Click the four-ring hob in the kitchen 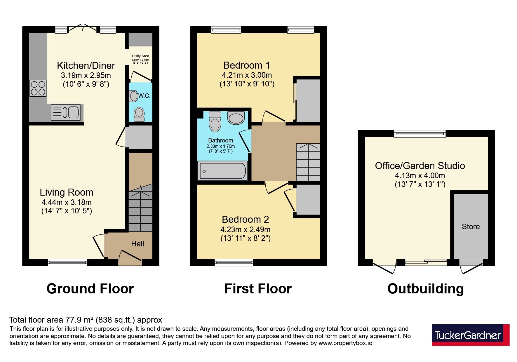click(x=38, y=88)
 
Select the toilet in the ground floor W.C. click(x=139, y=114)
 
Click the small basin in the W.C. click(x=134, y=96)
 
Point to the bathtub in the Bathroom click(x=222, y=171)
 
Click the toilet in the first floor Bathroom click(x=215, y=121)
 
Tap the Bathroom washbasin click(x=236, y=118)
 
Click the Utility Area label click(x=140, y=56)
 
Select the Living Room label click(x=67, y=192)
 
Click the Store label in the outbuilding click(x=471, y=227)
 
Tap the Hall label click(x=137, y=244)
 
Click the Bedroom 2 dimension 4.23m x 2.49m click(x=246, y=229)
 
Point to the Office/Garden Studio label click(x=420, y=166)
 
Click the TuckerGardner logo click(x=471, y=335)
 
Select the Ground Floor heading click(x=90, y=289)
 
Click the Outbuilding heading click(x=426, y=289)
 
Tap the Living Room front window click(x=68, y=262)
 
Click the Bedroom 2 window click(x=234, y=262)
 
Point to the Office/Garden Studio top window click(x=420, y=134)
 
